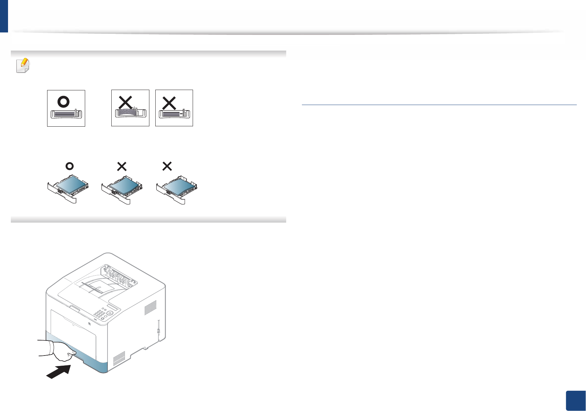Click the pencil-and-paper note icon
point(23,65)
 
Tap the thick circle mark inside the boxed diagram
point(64,102)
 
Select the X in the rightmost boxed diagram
point(169,103)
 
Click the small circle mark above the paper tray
point(69,166)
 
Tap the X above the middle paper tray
point(122,166)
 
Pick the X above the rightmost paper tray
point(167,166)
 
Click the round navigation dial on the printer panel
point(110,313)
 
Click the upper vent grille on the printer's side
point(150,308)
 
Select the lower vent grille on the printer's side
point(119,358)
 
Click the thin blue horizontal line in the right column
point(439,104)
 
